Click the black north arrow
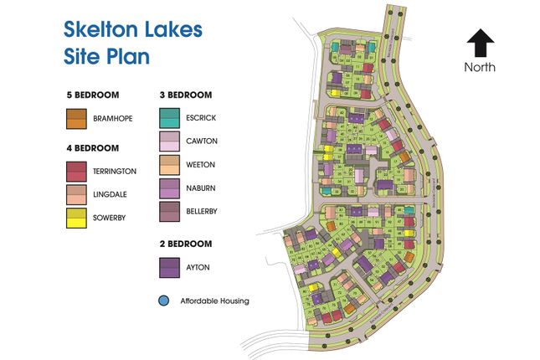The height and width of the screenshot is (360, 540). click(x=481, y=44)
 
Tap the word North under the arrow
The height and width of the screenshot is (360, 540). click(x=481, y=67)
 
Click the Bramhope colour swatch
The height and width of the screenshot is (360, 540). click(x=77, y=119)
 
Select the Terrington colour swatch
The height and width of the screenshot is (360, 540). click(x=77, y=171)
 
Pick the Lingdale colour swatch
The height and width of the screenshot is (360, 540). click(x=77, y=195)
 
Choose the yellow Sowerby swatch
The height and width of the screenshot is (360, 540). click(x=77, y=219)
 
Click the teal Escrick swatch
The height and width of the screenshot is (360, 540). click(x=169, y=119)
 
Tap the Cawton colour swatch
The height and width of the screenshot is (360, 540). click(x=169, y=141)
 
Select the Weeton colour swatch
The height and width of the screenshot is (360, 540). click(x=169, y=165)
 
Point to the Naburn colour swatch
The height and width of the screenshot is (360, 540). click(x=169, y=188)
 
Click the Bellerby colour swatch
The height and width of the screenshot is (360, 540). click(x=169, y=212)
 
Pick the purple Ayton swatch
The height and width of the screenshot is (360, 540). click(x=169, y=267)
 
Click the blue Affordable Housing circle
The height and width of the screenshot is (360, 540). click(x=163, y=300)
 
